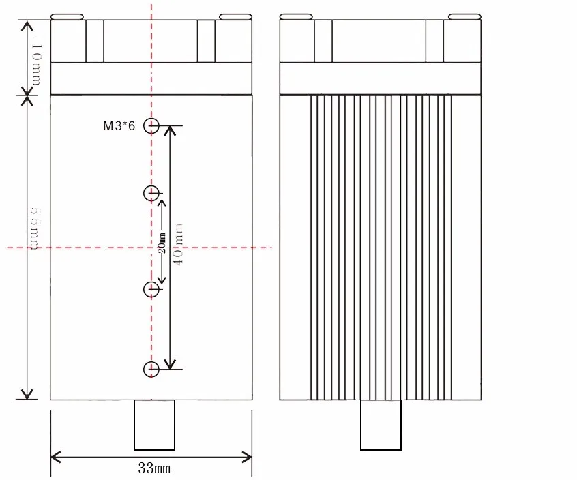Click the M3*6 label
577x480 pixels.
click(119, 125)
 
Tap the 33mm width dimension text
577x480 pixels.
click(154, 468)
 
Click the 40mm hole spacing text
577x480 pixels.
click(179, 243)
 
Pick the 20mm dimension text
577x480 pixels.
click(162, 243)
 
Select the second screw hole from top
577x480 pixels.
click(151, 193)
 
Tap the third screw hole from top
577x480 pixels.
click(151, 289)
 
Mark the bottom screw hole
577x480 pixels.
click(151, 370)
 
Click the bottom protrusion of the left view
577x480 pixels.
click(154, 425)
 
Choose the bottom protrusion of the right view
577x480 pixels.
click(381, 425)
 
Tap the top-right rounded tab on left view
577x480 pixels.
click(235, 16)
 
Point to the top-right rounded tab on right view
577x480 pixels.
click(464, 16)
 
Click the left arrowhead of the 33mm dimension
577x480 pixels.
click(55, 455)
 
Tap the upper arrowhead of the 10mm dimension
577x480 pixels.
click(27, 25)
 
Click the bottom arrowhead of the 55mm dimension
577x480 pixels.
click(27, 395)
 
